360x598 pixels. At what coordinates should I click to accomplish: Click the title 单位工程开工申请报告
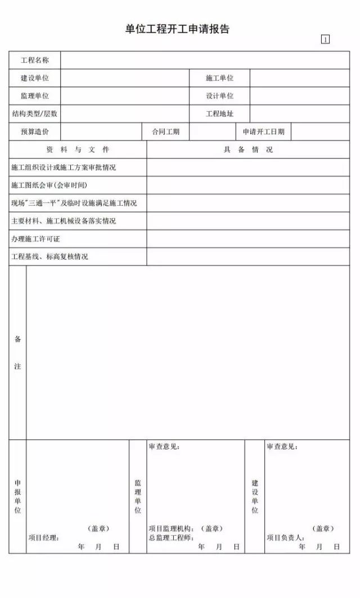click(x=177, y=29)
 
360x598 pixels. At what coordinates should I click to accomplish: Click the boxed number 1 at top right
click(x=325, y=39)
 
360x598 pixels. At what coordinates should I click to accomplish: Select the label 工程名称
click(x=35, y=60)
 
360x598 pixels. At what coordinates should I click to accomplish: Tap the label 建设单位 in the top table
click(x=35, y=78)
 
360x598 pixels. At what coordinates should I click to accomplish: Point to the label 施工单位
click(x=219, y=78)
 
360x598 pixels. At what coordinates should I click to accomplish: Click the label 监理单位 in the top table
click(x=35, y=96)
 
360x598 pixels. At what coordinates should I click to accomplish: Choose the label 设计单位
click(x=219, y=96)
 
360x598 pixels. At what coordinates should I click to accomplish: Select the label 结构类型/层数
click(x=35, y=114)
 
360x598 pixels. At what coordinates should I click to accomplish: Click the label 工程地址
click(x=219, y=114)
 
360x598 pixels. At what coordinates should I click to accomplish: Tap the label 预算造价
click(x=35, y=132)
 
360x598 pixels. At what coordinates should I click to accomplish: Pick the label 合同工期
click(x=165, y=132)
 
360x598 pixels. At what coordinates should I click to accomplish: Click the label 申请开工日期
click(x=263, y=132)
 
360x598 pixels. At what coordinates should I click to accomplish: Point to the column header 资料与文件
click(x=78, y=149)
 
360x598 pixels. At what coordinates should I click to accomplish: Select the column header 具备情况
click(x=248, y=149)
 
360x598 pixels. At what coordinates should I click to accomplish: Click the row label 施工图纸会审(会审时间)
click(x=49, y=185)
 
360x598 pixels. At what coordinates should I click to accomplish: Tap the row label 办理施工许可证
click(x=35, y=239)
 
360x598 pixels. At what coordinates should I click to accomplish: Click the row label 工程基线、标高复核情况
click(x=49, y=257)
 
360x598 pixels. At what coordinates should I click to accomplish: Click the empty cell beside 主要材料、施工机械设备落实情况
click(x=248, y=221)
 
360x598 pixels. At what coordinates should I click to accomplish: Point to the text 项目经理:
click(x=44, y=538)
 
